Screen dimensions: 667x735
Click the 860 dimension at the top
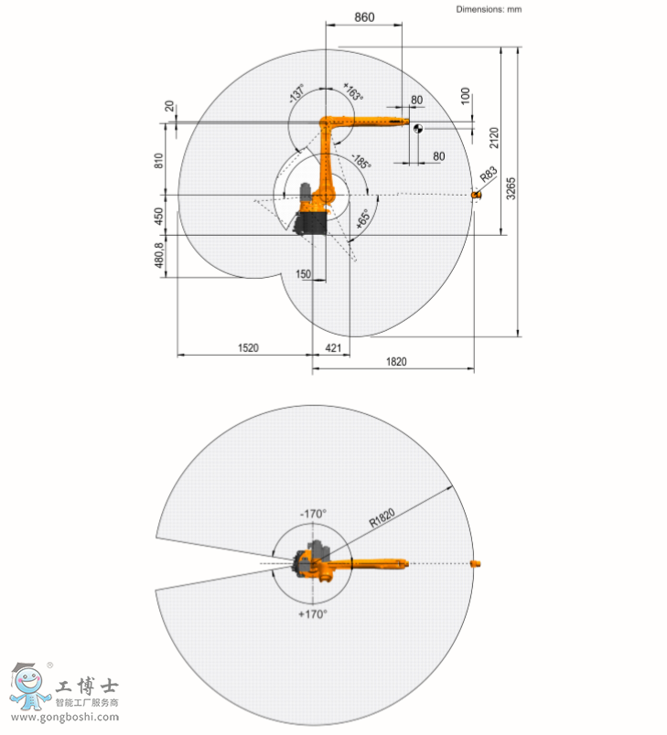tap(364, 17)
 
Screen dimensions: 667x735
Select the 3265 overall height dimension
tap(511, 188)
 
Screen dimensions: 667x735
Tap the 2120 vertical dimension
tap(494, 138)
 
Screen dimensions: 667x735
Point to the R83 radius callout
tap(489, 175)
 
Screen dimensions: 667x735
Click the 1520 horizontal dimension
tap(248, 347)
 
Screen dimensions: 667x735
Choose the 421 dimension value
tap(333, 347)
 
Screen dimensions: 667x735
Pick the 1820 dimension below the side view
tap(396, 361)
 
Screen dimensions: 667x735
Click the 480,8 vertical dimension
tap(159, 255)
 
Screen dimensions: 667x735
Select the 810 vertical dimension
tap(158, 160)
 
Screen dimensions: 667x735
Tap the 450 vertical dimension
tap(158, 216)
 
